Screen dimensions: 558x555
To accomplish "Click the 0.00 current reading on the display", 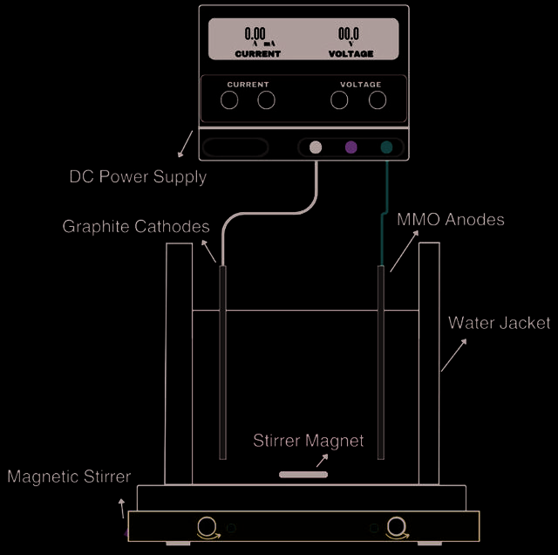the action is coord(255,34).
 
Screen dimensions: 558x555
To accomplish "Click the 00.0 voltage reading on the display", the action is coord(349,34).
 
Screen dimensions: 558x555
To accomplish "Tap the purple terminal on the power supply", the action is coord(350,147).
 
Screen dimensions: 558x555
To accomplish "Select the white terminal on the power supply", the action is coord(316,147).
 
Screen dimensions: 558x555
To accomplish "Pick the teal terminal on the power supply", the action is coord(386,147).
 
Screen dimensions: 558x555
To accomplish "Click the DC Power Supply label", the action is coord(138,177).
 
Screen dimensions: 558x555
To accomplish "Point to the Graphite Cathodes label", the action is coord(136,227).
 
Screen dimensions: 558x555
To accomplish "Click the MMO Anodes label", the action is coord(451,219).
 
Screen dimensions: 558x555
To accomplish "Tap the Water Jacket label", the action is coord(500,323).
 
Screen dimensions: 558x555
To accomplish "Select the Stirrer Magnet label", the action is coord(308,441).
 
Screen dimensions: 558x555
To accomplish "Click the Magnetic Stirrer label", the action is coord(69,476).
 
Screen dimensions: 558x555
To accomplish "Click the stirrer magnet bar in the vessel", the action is coord(303,475).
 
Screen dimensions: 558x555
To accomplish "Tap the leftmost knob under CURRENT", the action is coord(229,100).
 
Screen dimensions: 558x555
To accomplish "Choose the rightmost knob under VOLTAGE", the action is coord(378,100).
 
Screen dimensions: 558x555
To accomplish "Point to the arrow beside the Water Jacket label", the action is coord(453,355).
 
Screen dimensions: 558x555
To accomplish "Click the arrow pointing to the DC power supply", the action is coord(185,144).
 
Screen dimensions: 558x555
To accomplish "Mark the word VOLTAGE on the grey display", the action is coord(350,54).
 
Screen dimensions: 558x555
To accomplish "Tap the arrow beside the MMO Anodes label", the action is coord(405,251).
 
